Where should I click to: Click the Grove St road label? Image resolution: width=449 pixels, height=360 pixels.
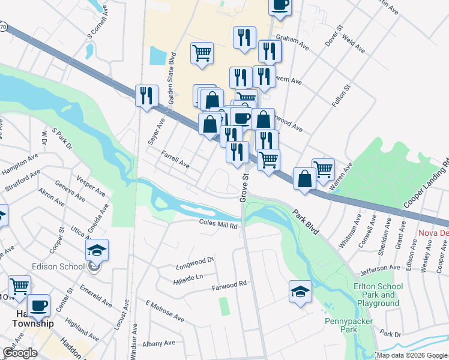[244, 188]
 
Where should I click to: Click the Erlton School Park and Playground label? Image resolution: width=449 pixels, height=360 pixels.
[378, 295]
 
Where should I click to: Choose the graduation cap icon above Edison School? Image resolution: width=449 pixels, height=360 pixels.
[97, 250]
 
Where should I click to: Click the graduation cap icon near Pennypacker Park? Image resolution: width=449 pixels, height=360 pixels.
[300, 291]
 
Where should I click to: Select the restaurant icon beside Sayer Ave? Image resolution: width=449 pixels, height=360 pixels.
[146, 95]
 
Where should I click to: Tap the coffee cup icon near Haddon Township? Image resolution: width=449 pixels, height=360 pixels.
[39, 305]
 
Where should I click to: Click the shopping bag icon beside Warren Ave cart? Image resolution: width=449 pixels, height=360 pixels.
[304, 178]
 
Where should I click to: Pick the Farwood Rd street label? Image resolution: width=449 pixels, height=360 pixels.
[229, 286]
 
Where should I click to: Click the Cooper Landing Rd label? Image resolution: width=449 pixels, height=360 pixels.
[426, 182]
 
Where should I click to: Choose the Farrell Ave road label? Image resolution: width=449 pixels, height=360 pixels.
[175, 159]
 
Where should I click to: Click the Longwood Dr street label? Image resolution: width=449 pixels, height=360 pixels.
[195, 262]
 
